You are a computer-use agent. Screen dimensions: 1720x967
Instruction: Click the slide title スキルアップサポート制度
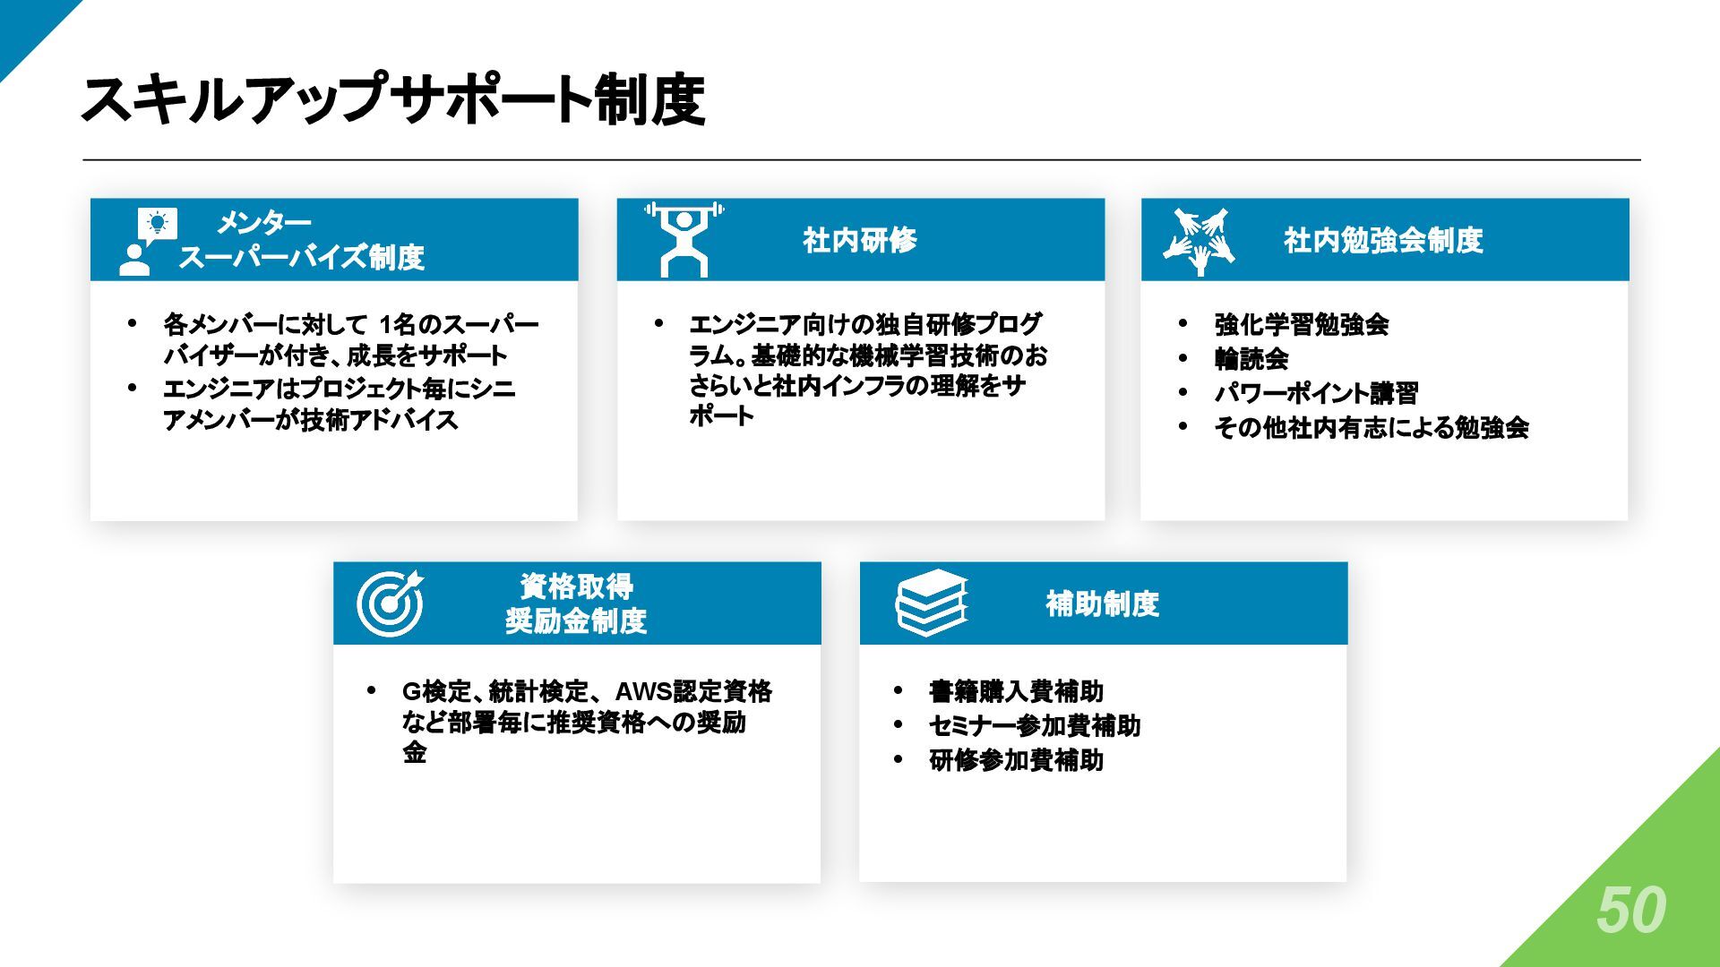392,99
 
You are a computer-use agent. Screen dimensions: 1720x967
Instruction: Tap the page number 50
1630,911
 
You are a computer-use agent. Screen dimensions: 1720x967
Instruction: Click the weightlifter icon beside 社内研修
684,239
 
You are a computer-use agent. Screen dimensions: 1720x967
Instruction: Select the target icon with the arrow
391,602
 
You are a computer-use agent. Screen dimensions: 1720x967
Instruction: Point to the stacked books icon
932,603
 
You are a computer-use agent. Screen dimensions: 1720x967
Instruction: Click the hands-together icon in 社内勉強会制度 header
1200,241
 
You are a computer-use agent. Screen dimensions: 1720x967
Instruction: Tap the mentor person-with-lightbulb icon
148,240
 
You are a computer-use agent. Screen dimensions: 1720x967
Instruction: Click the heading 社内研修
860,240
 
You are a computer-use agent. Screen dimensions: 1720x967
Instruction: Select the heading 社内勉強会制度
1383,240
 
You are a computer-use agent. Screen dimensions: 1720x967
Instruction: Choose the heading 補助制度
1102,603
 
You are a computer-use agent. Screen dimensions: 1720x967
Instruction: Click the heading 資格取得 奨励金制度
576,603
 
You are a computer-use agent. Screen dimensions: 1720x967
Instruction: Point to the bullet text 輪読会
1251,359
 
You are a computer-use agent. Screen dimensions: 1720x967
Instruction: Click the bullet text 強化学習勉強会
1301,324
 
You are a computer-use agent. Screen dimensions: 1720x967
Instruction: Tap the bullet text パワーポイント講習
1316,393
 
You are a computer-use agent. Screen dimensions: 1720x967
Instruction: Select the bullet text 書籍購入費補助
1016,691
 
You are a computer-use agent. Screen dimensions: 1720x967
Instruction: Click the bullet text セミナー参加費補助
1035,725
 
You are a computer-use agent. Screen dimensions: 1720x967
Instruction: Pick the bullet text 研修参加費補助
1016,760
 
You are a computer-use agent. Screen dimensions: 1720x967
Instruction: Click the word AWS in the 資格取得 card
642,691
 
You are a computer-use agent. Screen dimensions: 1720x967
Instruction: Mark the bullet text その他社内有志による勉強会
1371,428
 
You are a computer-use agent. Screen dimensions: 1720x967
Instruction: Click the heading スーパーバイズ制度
301,258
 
